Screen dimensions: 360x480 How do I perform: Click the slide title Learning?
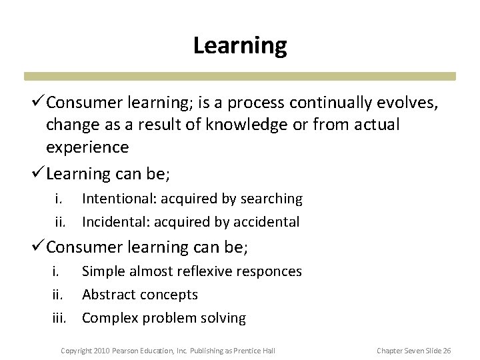240,45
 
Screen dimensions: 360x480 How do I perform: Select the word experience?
87,147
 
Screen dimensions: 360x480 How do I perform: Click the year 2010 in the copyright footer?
101,350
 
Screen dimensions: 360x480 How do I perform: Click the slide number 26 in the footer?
447,350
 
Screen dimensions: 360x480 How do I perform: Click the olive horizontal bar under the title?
240,76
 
